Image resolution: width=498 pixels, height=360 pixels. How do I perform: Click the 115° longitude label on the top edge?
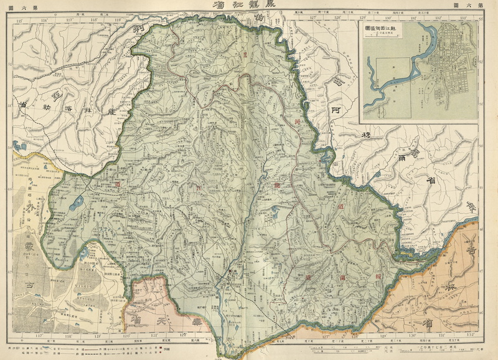click(x=18, y=21)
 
